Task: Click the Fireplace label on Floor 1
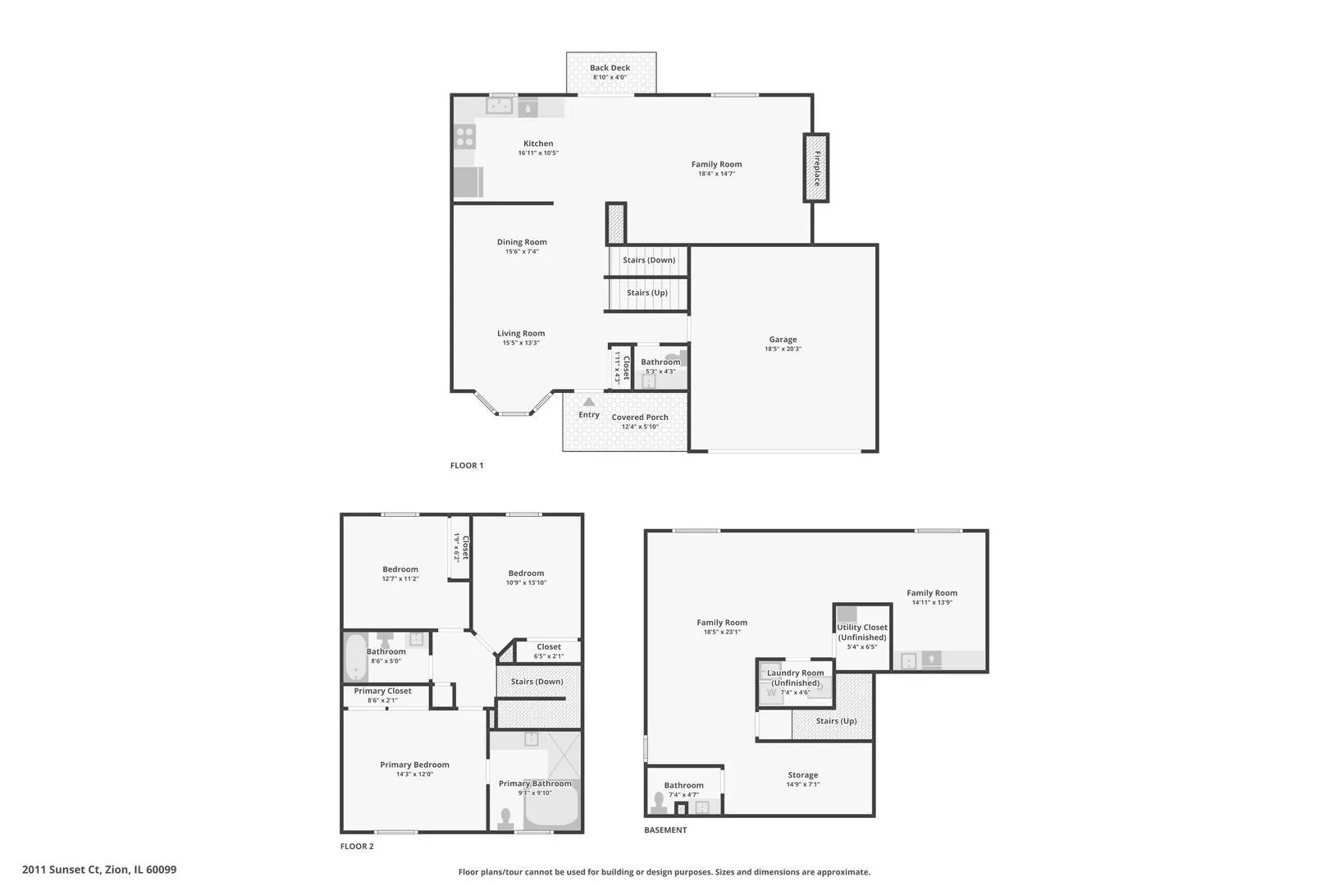817,168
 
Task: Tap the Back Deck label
610,67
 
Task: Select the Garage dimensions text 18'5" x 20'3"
783,349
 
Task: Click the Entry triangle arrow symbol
588,402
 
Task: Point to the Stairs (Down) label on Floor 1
649,260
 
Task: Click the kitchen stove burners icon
465,136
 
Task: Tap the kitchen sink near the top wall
499,106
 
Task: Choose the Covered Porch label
640,418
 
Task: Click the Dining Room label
522,242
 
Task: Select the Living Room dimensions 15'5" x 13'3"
521,343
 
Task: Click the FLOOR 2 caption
357,847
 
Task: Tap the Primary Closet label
382,691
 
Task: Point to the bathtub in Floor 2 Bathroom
355,657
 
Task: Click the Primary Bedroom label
415,765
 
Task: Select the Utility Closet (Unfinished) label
862,632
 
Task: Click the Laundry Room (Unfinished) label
796,678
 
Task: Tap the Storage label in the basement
803,775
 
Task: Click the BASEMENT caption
665,829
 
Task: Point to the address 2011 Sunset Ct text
62,870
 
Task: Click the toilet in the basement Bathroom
658,802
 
